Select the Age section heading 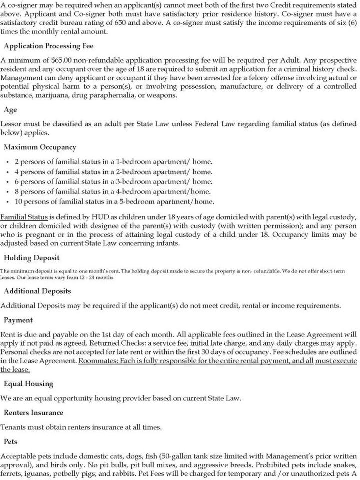[10, 109]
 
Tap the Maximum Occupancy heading [40, 147]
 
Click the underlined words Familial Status [24, 217]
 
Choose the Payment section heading [18, 319]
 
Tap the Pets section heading [11, 441]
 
